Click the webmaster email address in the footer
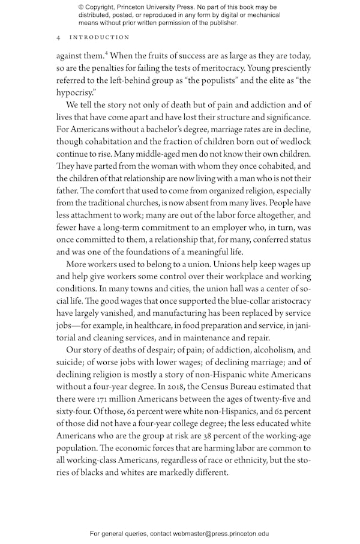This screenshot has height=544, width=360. pyautogui.click(x=221, y=533)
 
